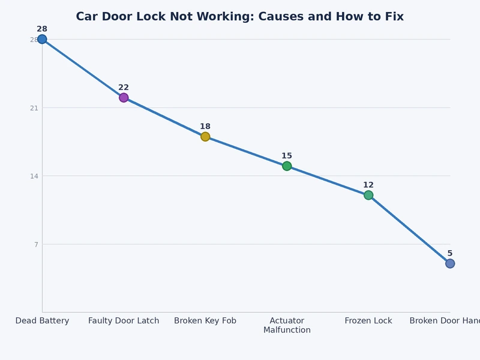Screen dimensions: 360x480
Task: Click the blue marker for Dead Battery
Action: (x=42, y=39)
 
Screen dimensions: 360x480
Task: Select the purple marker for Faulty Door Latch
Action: (x=124, y=98)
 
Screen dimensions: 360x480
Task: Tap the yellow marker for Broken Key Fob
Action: (x=205, y=137)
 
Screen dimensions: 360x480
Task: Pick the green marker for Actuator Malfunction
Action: (x=287, y=166)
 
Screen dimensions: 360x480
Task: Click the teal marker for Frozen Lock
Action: (x=368, y=195)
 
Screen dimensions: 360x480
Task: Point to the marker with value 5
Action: (x=450, y=263)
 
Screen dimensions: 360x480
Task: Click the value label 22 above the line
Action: (x=124, y=88)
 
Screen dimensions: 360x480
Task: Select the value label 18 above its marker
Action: (x=205, y=127)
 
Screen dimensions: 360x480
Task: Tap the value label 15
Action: (x=287, y=156)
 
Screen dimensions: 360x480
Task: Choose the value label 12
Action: (x=368, y=185)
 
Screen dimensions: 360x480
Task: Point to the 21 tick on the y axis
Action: (x=34, y=108)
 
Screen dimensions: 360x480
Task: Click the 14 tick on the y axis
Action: (x=34, y=176)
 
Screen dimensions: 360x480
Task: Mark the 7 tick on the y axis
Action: (x=36, y=244)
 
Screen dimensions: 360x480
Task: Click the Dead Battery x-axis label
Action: (x=42, y=321)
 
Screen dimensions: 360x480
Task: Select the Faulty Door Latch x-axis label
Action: (x=124, y=321)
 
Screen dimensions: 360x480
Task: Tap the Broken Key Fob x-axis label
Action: (x=205, y=321)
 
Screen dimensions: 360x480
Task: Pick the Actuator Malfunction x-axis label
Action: (x=287, y=325)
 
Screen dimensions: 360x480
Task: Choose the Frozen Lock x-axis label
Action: (x=368, y=321)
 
